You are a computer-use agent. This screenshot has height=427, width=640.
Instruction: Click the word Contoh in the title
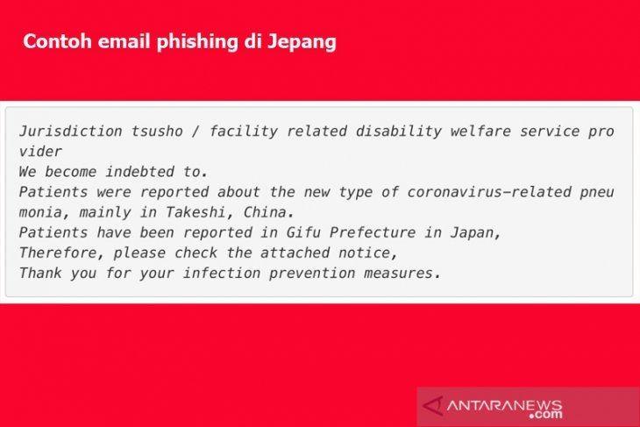pos(57,41)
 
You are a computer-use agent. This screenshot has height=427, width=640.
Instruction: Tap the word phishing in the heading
pos(196,42)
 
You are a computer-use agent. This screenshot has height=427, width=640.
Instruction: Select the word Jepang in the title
pos(302,42)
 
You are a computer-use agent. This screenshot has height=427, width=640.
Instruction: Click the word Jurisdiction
pos(71,131)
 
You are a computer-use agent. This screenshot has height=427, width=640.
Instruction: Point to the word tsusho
pos(157,131)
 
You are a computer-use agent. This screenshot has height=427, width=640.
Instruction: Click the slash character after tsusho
pos(196,131)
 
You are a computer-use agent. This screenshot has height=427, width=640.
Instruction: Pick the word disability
pos(399,131)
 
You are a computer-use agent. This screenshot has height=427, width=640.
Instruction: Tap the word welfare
pos(480,131)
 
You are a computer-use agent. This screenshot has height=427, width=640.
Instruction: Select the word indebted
pos(140,172)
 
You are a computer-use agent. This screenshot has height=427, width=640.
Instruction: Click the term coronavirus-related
pos(489,192)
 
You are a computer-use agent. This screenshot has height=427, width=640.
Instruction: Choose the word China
pos(268,212)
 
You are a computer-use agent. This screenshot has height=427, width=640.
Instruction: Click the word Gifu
pos(303,232)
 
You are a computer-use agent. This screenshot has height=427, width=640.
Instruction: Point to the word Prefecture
pos(373,232)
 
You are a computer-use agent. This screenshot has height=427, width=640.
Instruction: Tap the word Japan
pos(475,233)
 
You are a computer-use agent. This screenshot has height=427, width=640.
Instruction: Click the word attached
pos(295,253)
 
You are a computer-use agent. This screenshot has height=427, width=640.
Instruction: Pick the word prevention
pos(312,273)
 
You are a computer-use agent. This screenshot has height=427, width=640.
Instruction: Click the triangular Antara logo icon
pos(433,406)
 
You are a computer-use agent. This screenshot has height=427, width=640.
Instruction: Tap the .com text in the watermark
pos(545,415)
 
